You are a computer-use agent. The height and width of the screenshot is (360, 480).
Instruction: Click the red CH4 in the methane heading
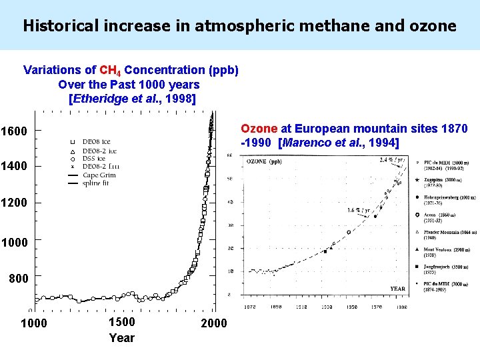pyautogui.click(x=109, y=70)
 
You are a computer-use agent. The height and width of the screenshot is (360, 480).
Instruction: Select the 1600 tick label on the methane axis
pyautogui.click(x=14, y=131)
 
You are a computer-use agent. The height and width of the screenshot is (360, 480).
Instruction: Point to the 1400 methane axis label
pyautogui.click(x=14, y=167)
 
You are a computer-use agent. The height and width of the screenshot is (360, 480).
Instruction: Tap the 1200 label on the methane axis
pyautogui.click(x=14, y=204)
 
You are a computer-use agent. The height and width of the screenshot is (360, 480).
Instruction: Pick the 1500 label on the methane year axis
pyautogui.click(x=121, y=323)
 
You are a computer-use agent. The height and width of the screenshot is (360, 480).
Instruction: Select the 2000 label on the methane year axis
pyautogui.click(x=213, y=323)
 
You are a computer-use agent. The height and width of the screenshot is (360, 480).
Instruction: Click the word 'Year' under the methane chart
pyautogui.click(x=121, y=338)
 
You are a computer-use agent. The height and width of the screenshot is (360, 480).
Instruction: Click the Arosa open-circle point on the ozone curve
pyautogui.click(x=348, y=232)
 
